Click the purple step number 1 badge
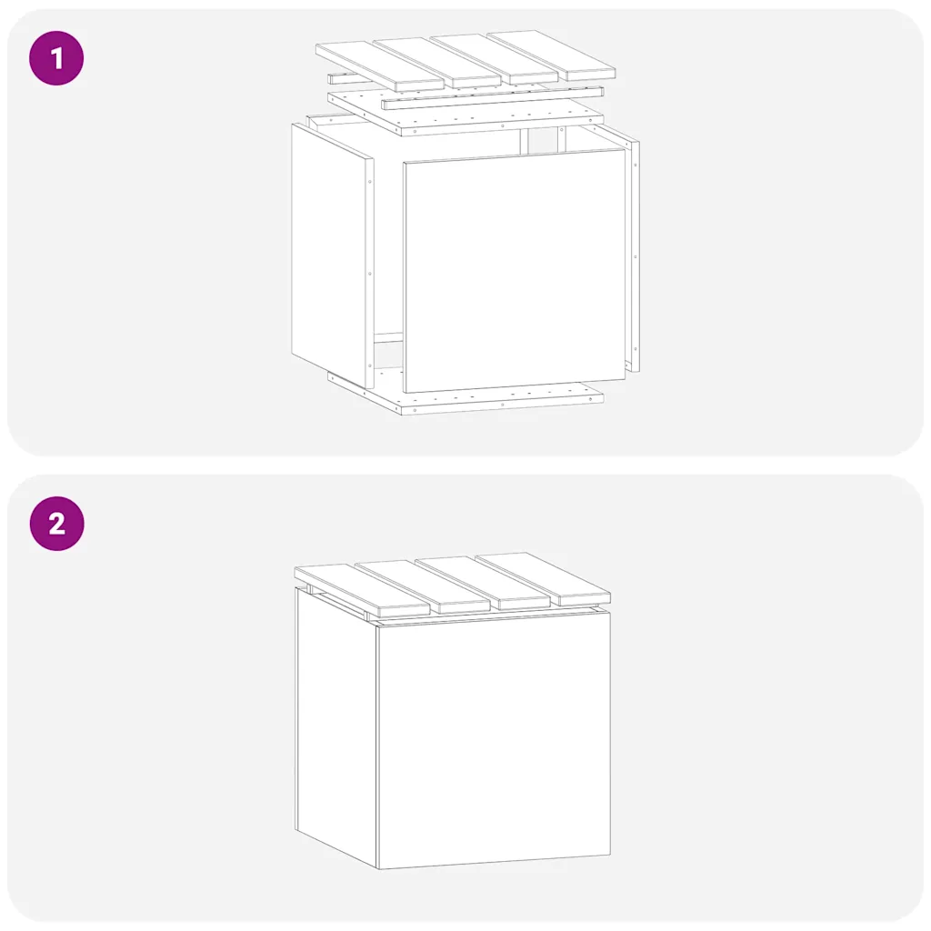[56, 58]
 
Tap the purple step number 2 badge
[56, 524]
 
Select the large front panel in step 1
[515, 271]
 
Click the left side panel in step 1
[333, 256]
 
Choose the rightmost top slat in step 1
[551, 56]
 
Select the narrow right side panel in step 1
[634, 255]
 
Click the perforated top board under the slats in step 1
[465, 115]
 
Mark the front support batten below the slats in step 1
[493, 98]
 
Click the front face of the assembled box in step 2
[494, 740]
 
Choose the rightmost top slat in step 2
[543, 579]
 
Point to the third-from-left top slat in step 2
[483, 583]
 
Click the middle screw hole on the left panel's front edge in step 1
[370, 274]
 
